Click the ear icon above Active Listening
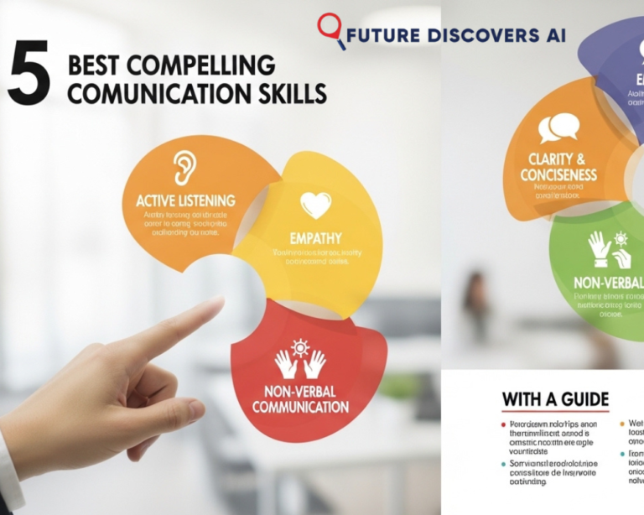(184, 167)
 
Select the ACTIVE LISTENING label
(185, 201)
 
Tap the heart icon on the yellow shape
(315, 205)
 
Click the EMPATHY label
(315, 238)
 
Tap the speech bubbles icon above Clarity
(558, 127)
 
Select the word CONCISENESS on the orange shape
(557, 174)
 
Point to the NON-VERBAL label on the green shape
(608, 283)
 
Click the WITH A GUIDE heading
(555, 399)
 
